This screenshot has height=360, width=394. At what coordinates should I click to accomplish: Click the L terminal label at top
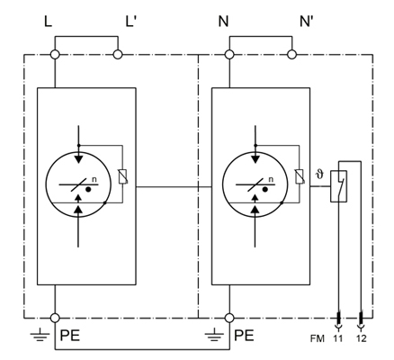point(48,22)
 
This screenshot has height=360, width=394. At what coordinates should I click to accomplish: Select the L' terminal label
point(131,22)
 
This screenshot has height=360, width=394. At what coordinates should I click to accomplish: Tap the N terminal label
point(223,22)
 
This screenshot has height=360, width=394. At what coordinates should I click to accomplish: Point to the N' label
point(307,22)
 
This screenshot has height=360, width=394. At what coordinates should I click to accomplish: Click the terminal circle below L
point(55,55)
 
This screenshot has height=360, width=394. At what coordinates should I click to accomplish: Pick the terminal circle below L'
point(118,55)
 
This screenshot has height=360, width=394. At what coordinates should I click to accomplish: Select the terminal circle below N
point(229,55)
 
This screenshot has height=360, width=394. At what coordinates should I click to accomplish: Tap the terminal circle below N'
point(291,55)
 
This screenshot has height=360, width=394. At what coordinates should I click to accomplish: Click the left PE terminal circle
point(55,318)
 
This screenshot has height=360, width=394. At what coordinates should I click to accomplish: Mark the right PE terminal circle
point(229,318)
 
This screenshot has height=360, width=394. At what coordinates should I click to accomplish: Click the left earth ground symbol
point(40,335)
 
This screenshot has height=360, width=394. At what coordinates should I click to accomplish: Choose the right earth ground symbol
point(215,335)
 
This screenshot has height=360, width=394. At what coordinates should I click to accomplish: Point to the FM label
point(318,338)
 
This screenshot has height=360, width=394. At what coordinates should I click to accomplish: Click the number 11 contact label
point(338,338)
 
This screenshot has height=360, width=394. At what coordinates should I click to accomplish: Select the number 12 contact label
point(361,338)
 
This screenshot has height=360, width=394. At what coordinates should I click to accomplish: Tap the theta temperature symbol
point(320,174)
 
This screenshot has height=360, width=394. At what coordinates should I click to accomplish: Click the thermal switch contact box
point(339,186)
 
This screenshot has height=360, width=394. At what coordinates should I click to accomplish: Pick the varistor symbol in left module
point(123,176)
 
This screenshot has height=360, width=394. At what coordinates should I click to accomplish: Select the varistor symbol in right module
point(300,176)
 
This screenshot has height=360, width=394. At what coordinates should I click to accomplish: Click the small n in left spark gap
point(94,180)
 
